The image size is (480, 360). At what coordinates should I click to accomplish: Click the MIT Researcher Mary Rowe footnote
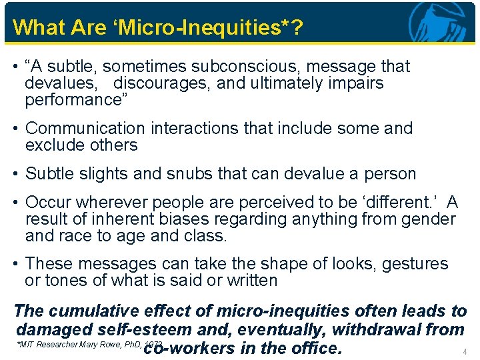pos(80,345)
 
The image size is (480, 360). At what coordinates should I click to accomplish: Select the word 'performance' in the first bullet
pos(75,101)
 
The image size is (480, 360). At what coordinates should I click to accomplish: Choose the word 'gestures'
pos(415,263)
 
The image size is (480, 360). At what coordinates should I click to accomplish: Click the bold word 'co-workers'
pos(189,347)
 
